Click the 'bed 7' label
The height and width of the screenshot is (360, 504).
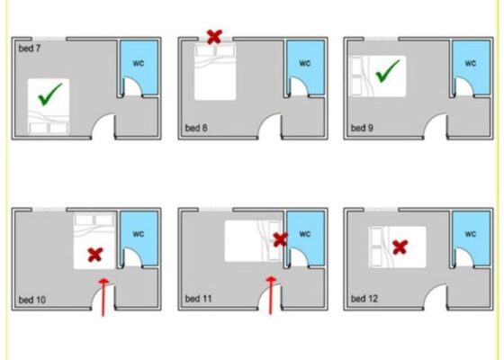pyautogui.click(x=30, y=49)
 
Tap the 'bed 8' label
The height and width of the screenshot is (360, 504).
pyautogui.click(x=196, y=128)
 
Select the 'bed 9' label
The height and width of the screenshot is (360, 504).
pyautogui.click(x=362, y=128)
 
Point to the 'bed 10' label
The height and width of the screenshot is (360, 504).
pyautogui.click(x=32, y=300)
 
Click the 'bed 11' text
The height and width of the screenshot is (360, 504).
pyautogui.click(x=198, y=299)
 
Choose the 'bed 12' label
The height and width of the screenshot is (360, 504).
pyautogui.click(x=364, y=299)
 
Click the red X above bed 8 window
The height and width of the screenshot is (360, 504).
pyautogui.click(x=214, y=37)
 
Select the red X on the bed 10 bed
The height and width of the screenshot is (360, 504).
pyautogui.click(x=95, y=255)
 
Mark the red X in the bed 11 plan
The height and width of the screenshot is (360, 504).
pyautogui.click(x=280, y=240)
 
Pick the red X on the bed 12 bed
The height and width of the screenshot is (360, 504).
pyautogui.click(x=400, y=247)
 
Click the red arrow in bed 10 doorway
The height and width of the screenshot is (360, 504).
pyautogui.click(x=103, y=297)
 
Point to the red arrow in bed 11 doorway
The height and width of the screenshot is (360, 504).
pyautogui.click(x=271, y=295)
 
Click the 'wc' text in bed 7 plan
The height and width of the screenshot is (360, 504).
pyautogui.click(x=139, y=63)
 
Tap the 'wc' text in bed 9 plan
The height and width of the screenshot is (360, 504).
pyautogui.click(x=470, y=63)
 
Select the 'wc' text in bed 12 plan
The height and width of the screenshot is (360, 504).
pyautogui.click(x=470, y=234)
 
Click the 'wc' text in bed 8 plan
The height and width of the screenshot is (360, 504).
pyautogui.click(x=305, y=63)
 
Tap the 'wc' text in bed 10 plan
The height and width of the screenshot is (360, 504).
pyautogui.click(x=139, y=234)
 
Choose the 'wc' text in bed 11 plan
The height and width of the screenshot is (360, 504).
pyautogui.click(x=305, y=234)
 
